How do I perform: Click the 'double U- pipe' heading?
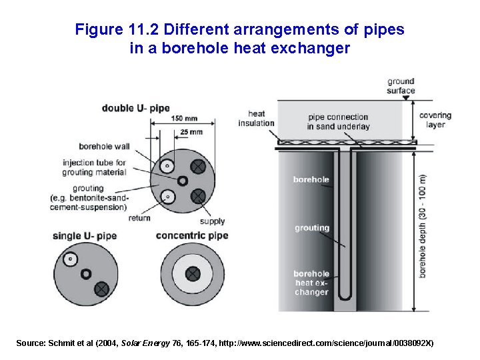[x=135, y=108]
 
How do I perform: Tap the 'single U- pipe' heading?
[x=84, y=235]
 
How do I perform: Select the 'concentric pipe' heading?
[x=192, y=235]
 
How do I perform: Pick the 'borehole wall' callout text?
[x=104, y=146]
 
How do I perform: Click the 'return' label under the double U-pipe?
[x=139, y=217]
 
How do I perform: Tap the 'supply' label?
[x=213, y=221]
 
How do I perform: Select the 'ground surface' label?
[x=401, y=86]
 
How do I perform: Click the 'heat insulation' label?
[x=256, y=118]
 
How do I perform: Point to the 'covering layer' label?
[x=435, y=120]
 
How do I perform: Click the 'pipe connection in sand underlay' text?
[x=338, y=121]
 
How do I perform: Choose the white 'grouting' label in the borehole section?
[x=312, y=228]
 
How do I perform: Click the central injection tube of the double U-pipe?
[x=182, y=181]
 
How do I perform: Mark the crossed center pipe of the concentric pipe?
[x=193, y=273]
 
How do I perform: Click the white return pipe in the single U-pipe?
[x=69, y=259]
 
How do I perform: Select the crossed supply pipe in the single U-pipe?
[x=101, y=289]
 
